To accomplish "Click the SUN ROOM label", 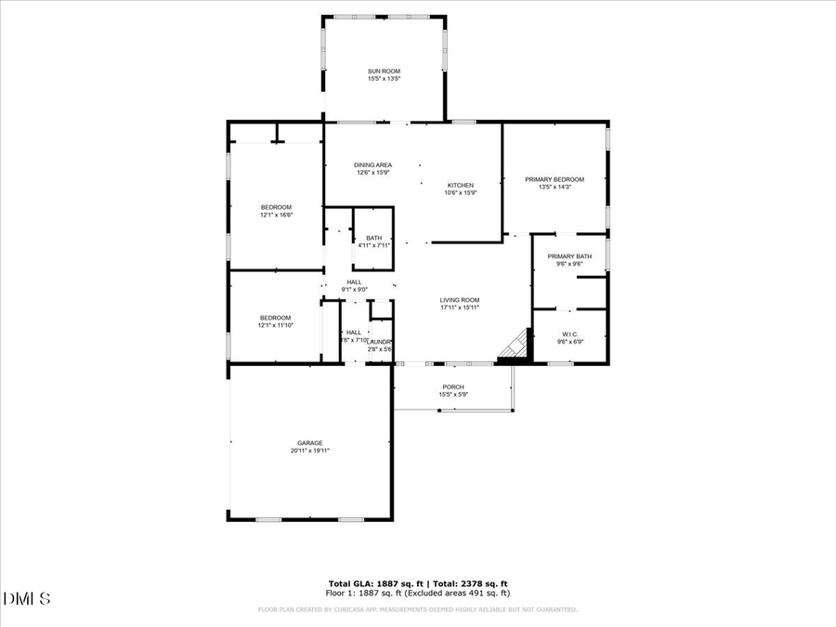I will point(384,71).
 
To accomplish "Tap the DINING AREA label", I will point(372,164).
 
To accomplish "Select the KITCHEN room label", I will point(461,185).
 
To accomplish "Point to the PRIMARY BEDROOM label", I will point(555,179).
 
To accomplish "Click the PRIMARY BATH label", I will point(569,256).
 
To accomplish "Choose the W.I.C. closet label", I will point(569,334).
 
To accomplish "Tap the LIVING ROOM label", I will point(460,300).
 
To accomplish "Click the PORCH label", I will point(453,386).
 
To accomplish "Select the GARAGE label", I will point(310,443).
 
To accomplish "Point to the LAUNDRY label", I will point(380,342).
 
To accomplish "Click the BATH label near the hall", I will point(373,238).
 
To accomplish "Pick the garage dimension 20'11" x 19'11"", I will point(310,451).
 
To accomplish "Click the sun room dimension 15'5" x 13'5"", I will point(384,79).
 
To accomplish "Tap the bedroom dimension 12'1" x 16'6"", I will point(276,216).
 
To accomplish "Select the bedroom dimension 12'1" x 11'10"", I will point(276,325).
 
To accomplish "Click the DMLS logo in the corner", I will point(26,597).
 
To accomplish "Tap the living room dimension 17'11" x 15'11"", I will point(460,307).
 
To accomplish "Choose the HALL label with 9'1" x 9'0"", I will point(355,281).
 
